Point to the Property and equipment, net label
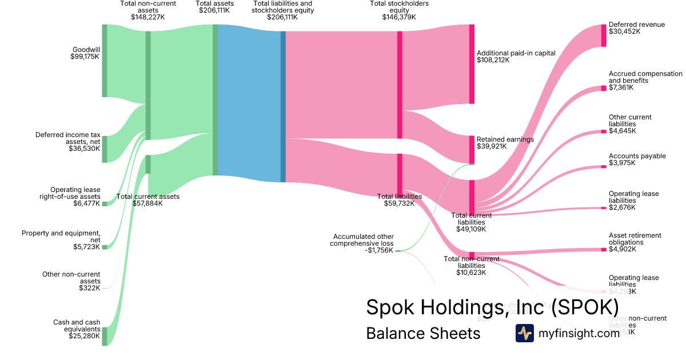pyautogui.click(x=61, y=240)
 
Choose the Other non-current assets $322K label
pyautogui.click(x=71, y=281)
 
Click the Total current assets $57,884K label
pyautogui.click(x=148, y=200)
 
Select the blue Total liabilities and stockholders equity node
pyautogui.click(x=283, y=106)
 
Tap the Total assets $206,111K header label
pyautogui.click(x=215, y=7)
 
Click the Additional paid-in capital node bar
pyautogui.click(x=472, y=64)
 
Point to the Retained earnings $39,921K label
pyautogui.click(x=505, y=142)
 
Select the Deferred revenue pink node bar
pyautogui.click(x=604, y=35)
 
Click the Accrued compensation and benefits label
pyautogui.click(x=645, y=81)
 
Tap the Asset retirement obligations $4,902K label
pyautogui.click(x=635, y=242)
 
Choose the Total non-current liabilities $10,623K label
pyautogui.click(x=472, y=266)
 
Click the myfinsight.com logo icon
pyautogui.click(x=524, y=333)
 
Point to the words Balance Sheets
pyautogui.click(x=423, y=333)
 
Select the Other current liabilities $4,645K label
pyautogui.click(x=630, y=124)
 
